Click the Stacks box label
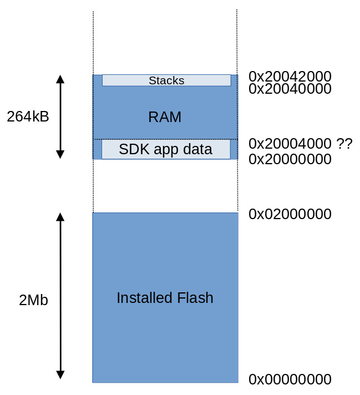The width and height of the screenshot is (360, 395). tap(166, 80)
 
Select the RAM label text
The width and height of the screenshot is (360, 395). tap(165, 117)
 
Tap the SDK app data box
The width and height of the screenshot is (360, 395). tap(166, 149)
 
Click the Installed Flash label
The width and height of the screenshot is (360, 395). tap(165, 298)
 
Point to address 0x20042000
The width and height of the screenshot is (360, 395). tap(290, 77)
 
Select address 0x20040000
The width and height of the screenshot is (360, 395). tap(290, 89)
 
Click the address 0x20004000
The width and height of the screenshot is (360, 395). tap(290, 143)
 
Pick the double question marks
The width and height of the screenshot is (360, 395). tap(344, 143)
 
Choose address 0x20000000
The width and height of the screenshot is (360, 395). tap(290, 159)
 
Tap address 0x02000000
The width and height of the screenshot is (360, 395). tap(290, 214)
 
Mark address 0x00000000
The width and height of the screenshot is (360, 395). tap(290, 379)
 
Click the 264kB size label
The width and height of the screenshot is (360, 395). tap(28, 117)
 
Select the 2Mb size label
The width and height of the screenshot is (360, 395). tap(33, 300)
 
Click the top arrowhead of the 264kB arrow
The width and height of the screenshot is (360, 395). tap(60, 79)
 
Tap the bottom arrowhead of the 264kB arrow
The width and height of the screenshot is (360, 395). tap(60, 154)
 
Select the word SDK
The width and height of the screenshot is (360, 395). tap(130, 149)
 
